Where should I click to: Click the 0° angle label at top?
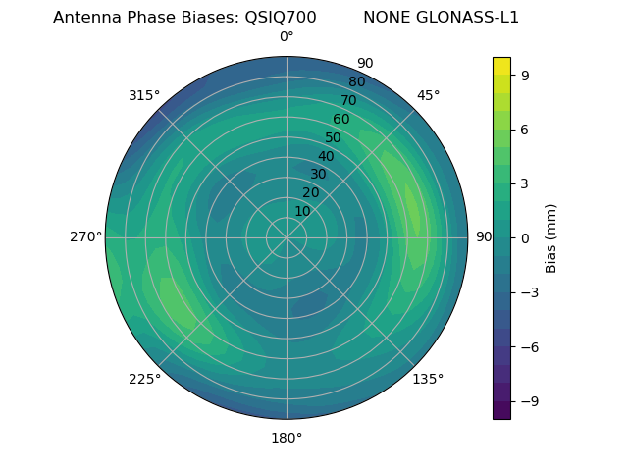287,37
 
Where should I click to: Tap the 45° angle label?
428,95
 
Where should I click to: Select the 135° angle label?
428,379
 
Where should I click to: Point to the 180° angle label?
287,438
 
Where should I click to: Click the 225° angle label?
144,380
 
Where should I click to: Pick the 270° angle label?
85,237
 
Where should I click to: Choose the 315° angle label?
144,95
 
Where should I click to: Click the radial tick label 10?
302,211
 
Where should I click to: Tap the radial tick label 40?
326,157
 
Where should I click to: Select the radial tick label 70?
348,100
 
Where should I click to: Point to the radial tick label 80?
356,82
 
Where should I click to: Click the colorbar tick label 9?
526,75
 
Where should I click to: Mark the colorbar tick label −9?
529,401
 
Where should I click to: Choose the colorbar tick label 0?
526,237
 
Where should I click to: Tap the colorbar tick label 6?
526,129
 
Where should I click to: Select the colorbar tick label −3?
529,292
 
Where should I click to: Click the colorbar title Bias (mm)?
551,237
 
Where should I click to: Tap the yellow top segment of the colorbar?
501,66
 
